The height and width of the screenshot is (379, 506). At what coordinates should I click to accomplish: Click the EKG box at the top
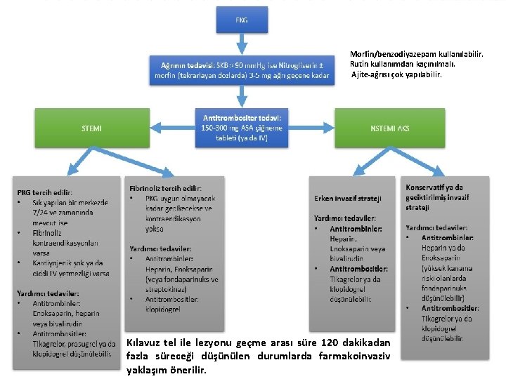[x=240, y=20]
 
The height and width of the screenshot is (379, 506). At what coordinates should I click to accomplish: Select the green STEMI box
[x=91, y=128]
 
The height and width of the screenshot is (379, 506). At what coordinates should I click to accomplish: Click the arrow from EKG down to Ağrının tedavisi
[x=241, y=44]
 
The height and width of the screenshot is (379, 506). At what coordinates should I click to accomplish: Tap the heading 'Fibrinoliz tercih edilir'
[x=165, y=188]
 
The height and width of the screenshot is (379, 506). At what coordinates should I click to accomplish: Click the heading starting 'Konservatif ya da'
[x=434, y=187]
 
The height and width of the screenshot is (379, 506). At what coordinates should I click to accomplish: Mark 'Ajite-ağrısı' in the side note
[x=372, y=74]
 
